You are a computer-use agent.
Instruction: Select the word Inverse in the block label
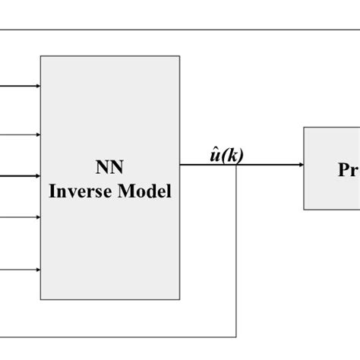click(x=80, y=191)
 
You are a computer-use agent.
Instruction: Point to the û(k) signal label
click(x=226, y=156)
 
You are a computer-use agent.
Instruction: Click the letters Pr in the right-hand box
click(x=347, y=170)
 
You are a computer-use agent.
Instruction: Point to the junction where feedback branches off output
click(x=237, y=165)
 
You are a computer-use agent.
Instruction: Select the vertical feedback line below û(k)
click(x=237, y=251)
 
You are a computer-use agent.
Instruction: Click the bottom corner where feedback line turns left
click(x=237, y=336)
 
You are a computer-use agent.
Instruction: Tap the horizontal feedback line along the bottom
click(x=114, y=336)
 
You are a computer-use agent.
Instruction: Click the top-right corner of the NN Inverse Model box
click(x=180, y=55)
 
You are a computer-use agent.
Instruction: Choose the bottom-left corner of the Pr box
click(x=305, y=209)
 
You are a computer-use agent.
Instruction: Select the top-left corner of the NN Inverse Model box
click(x=41, y=55)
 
